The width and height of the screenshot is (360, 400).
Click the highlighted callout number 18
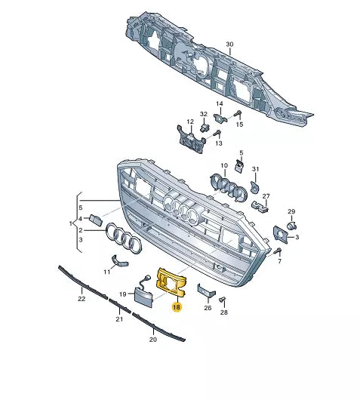177,307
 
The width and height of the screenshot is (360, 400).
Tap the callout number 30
229,44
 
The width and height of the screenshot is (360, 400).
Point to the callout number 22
82,298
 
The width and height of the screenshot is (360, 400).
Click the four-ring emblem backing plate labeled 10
228,186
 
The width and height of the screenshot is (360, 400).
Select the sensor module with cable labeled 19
143,293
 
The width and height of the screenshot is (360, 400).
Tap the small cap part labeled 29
291,226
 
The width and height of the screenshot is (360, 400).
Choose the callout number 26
208,308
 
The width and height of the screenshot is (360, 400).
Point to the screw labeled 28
223,300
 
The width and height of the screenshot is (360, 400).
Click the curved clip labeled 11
119,261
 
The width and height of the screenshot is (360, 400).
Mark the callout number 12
190,122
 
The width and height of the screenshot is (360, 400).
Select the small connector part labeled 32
204,128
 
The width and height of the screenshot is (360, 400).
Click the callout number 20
153,340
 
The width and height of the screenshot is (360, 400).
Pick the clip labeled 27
260,207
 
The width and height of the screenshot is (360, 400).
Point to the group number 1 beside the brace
71,223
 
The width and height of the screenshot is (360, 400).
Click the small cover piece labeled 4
96,220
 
